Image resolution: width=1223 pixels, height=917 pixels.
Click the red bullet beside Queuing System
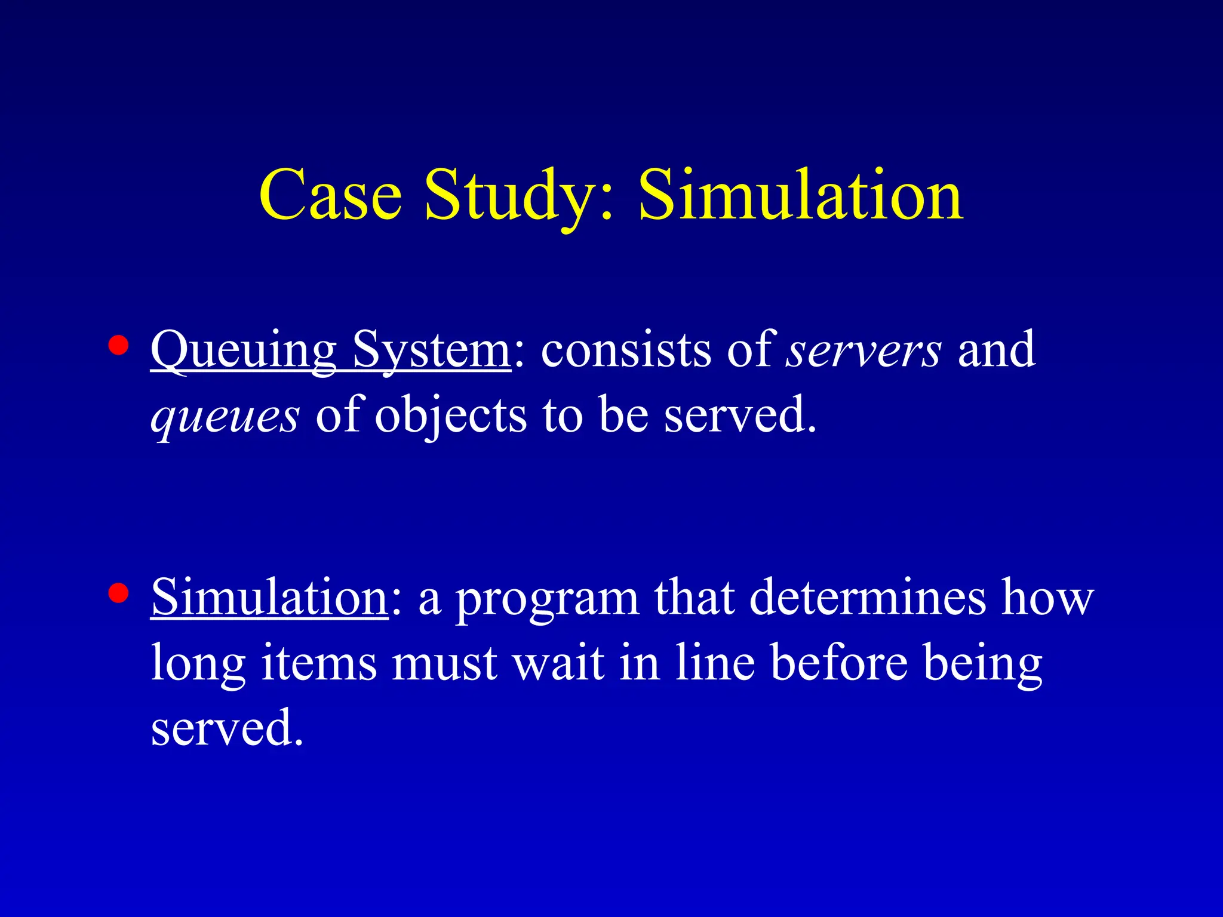pyautogui.click(x=119, y=346)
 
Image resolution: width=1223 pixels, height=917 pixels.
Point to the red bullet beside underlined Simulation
pyautogui.click(x=119, y=593)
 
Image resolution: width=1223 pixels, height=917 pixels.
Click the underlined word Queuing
pyautogui.click(x=243, y=350)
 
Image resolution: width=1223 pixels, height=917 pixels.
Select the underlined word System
pyautogui.click(x=431, y=350)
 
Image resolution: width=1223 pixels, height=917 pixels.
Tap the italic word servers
pyautogui.click(x=864, y=350)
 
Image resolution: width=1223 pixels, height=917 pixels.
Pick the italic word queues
pyautogui.click(x=225, y=416)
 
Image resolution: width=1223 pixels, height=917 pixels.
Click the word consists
pyautogui.click(x=626, y=350)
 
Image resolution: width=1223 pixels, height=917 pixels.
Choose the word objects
pyautogui.click(x=451, y=416)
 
